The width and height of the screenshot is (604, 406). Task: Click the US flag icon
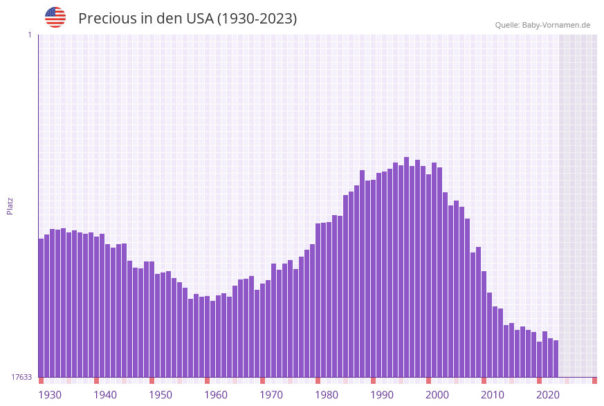coord(55,17)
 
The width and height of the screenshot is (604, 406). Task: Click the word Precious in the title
coord(107,19)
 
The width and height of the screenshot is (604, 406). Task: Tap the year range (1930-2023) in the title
coord(257,19)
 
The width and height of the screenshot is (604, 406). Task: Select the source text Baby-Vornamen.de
coord(556,25)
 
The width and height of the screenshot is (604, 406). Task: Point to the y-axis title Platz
coord(10,205)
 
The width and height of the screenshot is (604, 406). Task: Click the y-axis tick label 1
coord(29,35)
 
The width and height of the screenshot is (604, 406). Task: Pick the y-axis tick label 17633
coord(21,377)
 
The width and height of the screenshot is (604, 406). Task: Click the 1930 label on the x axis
coord(50,395)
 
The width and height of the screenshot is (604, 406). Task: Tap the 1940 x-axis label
coord(105,395)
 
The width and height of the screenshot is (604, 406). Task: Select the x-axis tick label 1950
coord(161,395)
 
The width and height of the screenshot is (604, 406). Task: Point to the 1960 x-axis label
coord(216,395)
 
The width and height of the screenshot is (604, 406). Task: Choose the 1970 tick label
coord(271,395)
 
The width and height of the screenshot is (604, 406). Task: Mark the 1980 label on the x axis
coord(327,395)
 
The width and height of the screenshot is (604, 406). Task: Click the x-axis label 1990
coord(382,395)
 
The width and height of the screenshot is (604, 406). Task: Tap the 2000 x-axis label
coord(437,395)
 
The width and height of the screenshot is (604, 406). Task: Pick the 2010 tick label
coord(493,395)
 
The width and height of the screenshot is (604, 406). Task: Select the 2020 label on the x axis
coord(548,395)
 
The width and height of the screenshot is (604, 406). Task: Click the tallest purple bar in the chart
coord(407,267)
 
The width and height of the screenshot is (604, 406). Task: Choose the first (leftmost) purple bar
coord(41,308)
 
